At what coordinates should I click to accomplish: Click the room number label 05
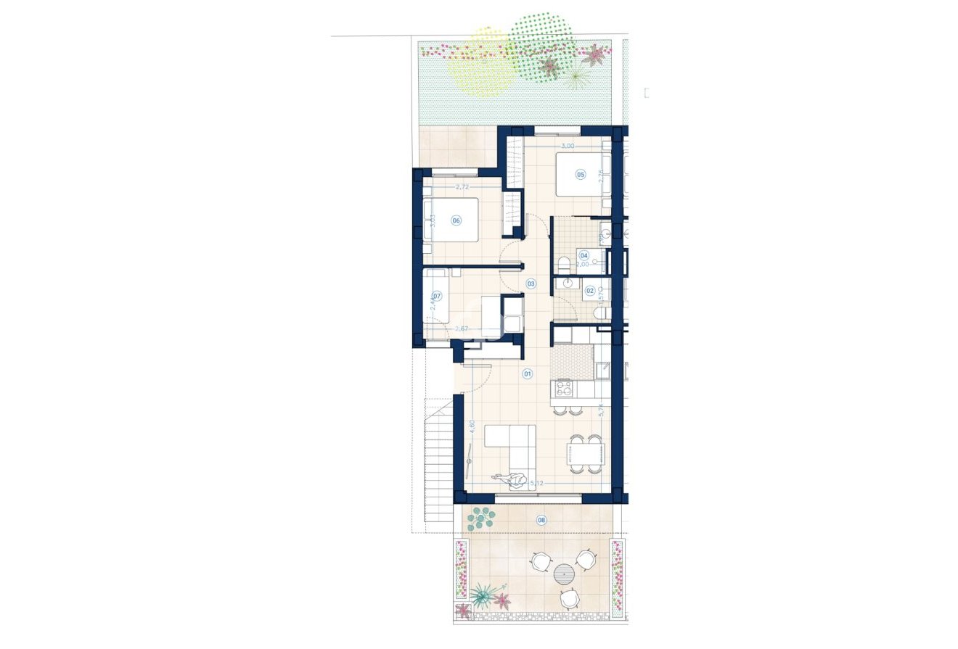pos(580,174)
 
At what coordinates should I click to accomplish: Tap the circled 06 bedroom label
pos(457,220)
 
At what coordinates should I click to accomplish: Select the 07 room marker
pos(437,296)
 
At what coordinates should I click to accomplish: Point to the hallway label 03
pos(531,284)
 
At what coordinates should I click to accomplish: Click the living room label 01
pos(528,374)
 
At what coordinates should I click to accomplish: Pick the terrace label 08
pos(541,520)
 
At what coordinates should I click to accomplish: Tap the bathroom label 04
pos(584,255)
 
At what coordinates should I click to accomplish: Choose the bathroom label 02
pos(589,291)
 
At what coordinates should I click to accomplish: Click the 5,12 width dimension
pos(537,483)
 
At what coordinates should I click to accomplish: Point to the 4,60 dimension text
pos(472,427)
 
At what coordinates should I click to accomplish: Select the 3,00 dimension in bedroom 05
pos(568,146)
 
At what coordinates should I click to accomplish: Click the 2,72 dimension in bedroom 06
pos(461,187)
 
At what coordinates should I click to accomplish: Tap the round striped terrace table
pos(564,574)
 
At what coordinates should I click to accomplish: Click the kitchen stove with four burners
pos(565,389)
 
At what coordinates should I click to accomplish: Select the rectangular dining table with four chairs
pos(585,454)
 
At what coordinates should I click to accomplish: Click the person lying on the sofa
pos(511,479)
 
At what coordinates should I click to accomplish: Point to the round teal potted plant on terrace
pos(480,518)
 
